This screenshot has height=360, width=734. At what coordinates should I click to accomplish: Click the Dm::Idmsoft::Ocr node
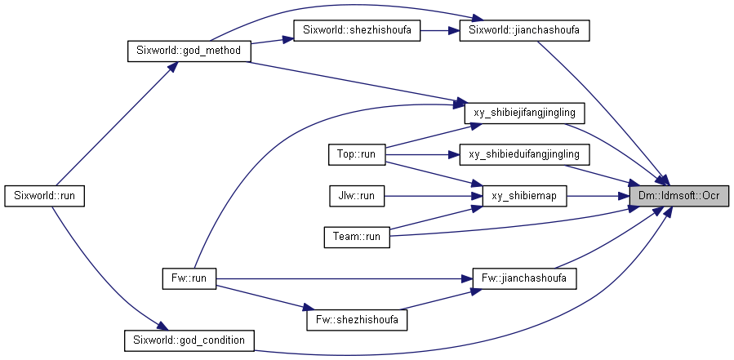(x=679, y=196)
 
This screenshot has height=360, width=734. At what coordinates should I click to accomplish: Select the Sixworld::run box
(x=44, y=196)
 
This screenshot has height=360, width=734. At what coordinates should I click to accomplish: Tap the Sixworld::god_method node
(x=189, y=51)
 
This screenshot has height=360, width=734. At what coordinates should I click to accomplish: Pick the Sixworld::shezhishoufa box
(x=357, y=30)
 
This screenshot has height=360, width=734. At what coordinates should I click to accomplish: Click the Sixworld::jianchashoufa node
(x=524, y=30)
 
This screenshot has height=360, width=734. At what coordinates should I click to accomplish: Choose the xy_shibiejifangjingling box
(x=524, y=113)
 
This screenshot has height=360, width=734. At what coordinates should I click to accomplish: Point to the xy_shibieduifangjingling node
(x=524, y=154)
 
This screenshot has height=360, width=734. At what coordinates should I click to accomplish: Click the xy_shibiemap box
(x=524, y=196)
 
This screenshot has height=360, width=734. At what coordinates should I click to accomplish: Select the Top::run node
(x=357, y=154)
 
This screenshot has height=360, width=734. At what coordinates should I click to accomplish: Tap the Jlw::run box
(x=357, y=196)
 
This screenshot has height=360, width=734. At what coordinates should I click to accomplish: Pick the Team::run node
(x=357, y=237)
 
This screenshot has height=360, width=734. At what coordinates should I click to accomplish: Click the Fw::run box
(x=189, y=278)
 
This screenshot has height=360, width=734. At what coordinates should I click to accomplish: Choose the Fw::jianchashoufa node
(x=524, y=278)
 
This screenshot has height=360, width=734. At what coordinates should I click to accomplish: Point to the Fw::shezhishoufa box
(x=357, y=320)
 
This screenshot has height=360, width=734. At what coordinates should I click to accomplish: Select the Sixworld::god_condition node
(x=189, y=340)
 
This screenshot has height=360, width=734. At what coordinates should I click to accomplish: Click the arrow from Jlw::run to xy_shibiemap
(x=434, y=196)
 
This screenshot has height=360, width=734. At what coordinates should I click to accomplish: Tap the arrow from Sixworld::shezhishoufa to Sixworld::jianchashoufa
(x=440, y=30)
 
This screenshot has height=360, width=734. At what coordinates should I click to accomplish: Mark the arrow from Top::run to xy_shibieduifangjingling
(x=422, y=154)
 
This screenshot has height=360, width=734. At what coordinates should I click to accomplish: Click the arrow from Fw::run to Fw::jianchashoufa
(x=345, y=278)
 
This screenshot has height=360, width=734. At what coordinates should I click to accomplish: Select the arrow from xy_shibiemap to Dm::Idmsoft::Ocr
(x=598, y=196)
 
